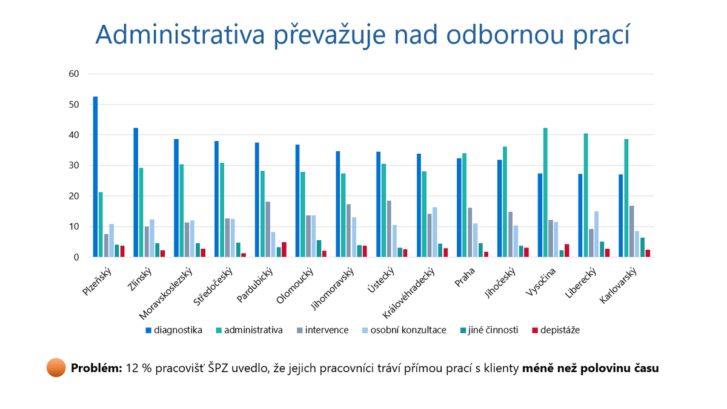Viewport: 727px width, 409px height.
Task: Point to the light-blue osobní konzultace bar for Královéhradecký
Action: coord(435,232)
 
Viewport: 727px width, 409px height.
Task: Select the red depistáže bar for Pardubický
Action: coord(284,250)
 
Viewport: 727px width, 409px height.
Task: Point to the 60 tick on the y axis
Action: coord(75,74)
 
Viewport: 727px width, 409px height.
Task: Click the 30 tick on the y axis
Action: coord(75,166)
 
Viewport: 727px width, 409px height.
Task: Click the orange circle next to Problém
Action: coord(56,368)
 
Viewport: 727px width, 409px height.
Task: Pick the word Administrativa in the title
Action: coord(180,35)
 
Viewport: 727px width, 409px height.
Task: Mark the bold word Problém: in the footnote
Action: coord(96,368)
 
